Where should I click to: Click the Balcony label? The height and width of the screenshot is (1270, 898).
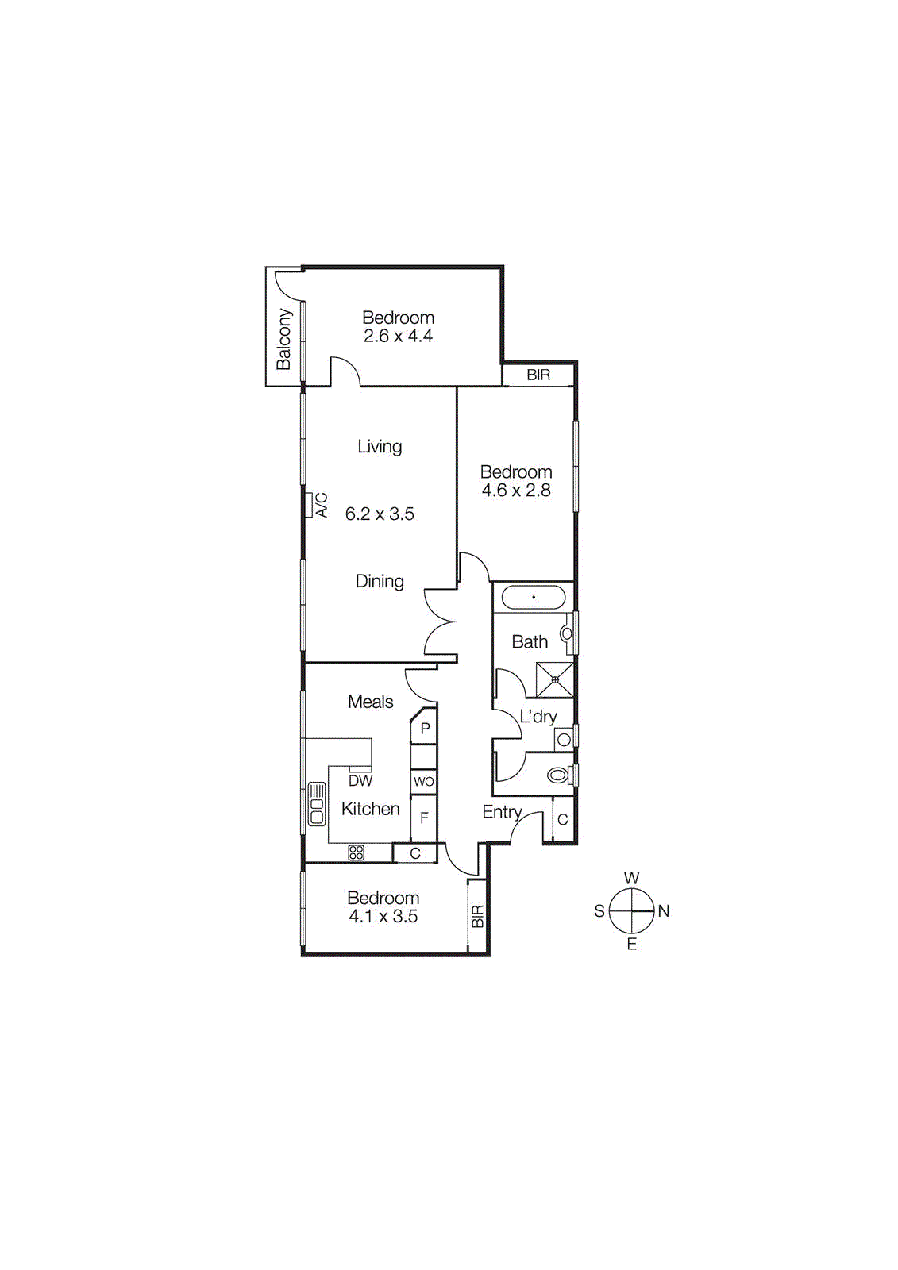[283, 339]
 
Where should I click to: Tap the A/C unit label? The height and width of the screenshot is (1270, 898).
[322, 505]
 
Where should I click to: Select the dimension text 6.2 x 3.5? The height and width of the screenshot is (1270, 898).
[380, 514]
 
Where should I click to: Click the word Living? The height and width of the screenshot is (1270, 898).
[380, 447]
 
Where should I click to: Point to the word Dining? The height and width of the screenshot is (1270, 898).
[380, 582]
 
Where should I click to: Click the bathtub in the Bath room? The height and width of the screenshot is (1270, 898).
[533, 598]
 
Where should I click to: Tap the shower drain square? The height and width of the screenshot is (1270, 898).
[555, 680]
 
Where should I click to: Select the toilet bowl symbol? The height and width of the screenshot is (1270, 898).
[559, 775]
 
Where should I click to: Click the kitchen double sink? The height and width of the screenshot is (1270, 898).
[317, 803]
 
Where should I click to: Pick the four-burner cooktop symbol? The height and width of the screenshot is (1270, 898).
[357, 853]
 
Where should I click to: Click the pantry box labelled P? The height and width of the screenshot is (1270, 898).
[425, 728]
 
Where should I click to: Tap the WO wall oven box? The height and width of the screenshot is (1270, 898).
[424, 782]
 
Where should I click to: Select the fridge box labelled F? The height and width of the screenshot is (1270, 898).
[424, 818]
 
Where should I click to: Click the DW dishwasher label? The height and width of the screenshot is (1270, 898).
[360, 781]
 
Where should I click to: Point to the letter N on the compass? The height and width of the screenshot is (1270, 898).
[664, 911]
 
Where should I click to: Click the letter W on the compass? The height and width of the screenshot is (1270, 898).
[632, 878]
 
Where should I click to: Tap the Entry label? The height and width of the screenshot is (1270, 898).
[502, 812]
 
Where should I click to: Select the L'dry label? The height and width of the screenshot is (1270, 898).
[538, 717]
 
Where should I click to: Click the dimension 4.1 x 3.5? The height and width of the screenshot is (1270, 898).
[383, 917]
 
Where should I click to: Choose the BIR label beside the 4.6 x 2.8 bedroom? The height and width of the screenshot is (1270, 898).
[538, 375]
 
